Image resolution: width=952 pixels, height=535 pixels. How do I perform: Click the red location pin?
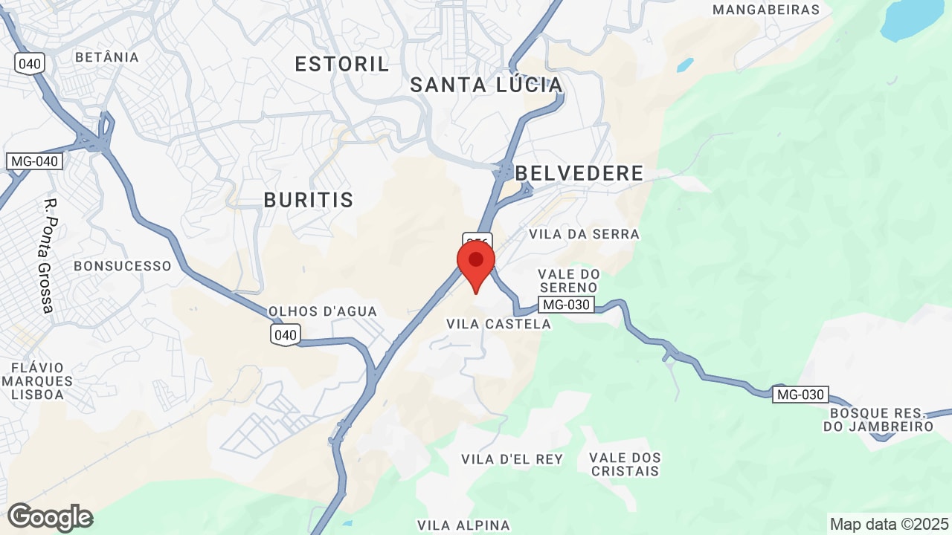click(x=476, y=265)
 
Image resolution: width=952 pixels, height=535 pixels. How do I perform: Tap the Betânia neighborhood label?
click(x=107, y=57)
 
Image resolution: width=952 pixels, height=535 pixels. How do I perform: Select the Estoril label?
click(x=342, y=65)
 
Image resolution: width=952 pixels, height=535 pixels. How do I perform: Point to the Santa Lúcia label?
click(x=486, y=85)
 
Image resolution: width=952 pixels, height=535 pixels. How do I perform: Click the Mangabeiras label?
click(x=766, y=10)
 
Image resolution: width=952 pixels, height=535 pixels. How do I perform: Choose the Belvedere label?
click(x=579, y=173)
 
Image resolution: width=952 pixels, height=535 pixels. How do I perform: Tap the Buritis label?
click(x=309, y=200)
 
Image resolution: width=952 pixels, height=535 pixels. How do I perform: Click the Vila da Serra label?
click(x=584, y=234)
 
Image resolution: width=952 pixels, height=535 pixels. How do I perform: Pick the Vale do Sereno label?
click(x=568, y=281)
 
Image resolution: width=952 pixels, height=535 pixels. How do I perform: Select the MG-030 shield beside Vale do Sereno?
click(x=567, y=305)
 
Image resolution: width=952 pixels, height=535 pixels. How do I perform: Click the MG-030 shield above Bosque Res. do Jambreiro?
click(x=800, y=395)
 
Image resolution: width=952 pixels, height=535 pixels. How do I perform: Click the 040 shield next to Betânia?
click(x=30, y=63)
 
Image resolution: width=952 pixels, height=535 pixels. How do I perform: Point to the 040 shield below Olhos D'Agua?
click(x=286, y=335)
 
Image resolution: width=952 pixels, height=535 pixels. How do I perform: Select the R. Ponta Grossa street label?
click(x=49, y=255)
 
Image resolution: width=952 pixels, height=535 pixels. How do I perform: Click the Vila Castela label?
click(x=498, y=324)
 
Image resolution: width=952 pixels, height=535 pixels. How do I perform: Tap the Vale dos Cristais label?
click(x=625, y=464)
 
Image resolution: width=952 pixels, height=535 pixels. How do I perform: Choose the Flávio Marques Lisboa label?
click(x=37, y=381)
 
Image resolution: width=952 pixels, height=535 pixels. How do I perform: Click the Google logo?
click(x=50, y=517)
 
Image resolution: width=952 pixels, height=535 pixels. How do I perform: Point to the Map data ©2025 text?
click(x=890, y=524)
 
